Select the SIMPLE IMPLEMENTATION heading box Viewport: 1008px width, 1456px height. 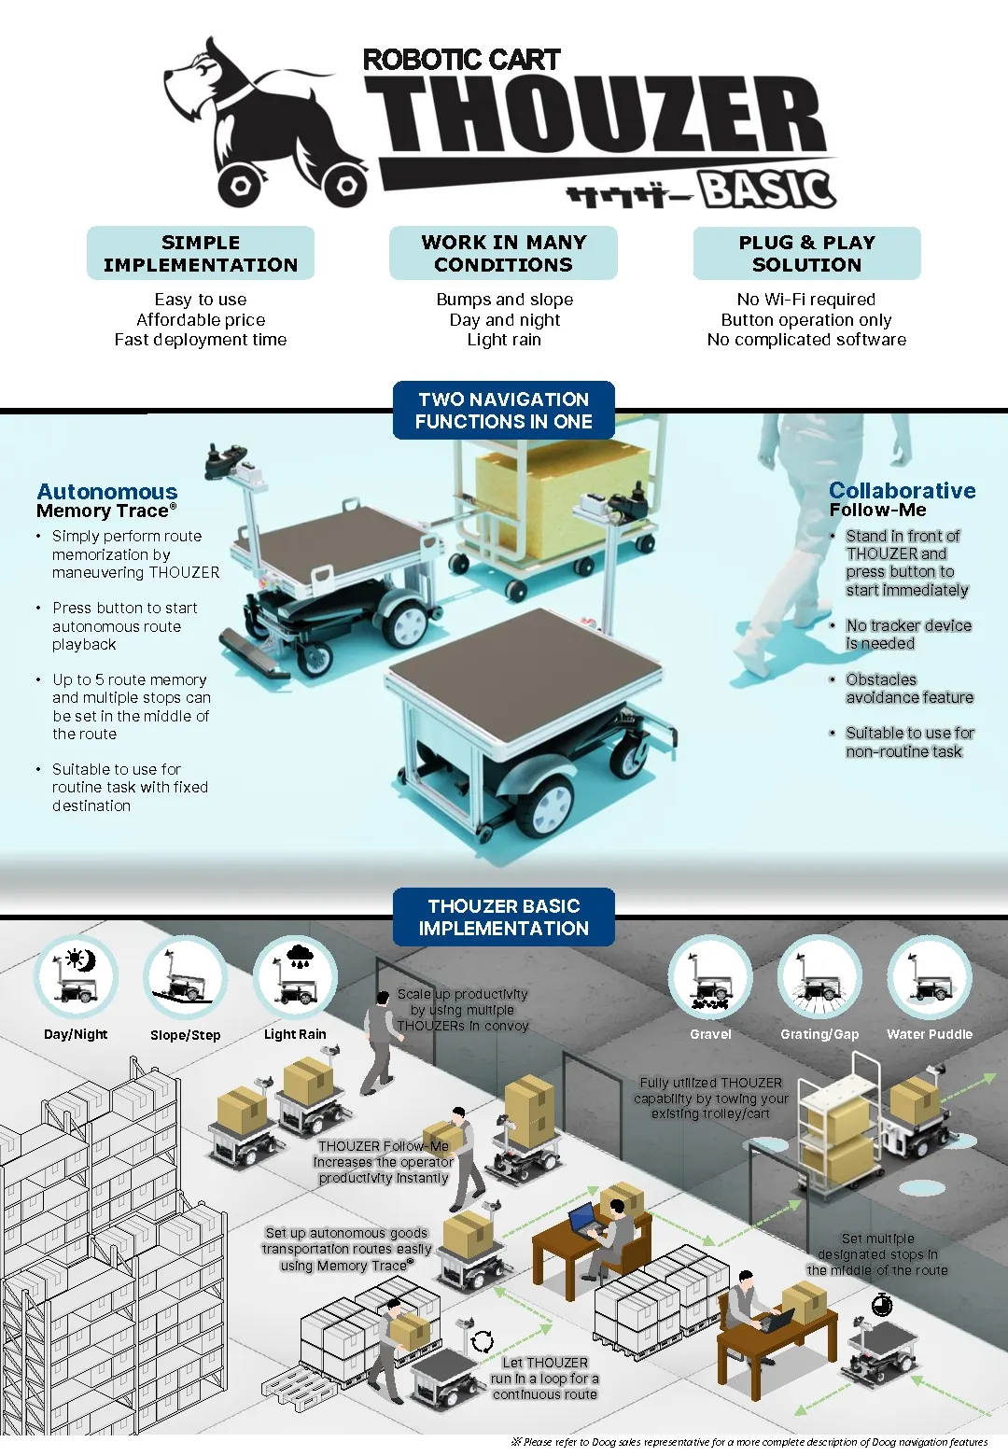click(201, 253)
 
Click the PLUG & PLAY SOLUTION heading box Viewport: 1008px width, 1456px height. click(806, 253)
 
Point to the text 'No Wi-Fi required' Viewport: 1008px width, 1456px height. click(806, 300)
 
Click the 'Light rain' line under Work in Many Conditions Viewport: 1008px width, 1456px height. click(504, 340)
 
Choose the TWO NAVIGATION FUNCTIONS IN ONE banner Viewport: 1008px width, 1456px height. click(504, 410)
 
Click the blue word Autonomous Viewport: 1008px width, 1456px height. click(107, 491)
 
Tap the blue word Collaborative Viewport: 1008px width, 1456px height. click(902, 490)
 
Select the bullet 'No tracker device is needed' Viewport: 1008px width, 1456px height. click(907, 635)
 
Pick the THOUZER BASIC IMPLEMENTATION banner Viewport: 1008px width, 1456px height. click(504, 917)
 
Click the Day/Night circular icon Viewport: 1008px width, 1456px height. click(77, 977)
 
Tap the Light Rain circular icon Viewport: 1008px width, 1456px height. click(296, 977)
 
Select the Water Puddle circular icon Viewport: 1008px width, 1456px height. click(930, 977)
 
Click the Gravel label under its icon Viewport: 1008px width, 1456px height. click(710, 1034)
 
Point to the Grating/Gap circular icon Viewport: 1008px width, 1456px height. click(819, 977)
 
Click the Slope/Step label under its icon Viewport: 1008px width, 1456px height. click(186, 1035)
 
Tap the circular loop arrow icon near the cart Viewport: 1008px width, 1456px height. click(483, 1342)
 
